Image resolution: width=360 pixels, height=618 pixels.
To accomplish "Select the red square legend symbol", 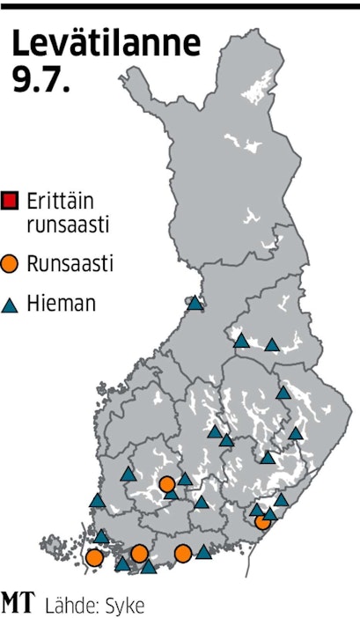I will pyautogui.click(x=11, y=198).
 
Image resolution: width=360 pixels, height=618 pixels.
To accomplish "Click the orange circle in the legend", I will pyautogui.click(x=11, y=263).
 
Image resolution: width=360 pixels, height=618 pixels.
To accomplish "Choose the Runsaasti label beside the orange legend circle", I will pyautogui.click(x=70, y=263).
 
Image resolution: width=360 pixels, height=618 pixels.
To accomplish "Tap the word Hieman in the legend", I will pyautogui.click(x=61, y=305).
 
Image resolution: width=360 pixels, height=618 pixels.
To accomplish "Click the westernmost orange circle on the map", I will pyautogui.click(x=94, y=556).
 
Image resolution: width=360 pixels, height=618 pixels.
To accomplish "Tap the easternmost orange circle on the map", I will pyautogui.click(x=262, y=521).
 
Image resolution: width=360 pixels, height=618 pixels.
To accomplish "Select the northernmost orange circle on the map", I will pyautogui.click(x=167, y=483).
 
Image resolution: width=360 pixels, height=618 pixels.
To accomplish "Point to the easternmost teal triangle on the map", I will pyautogui.click(x=296, y=433).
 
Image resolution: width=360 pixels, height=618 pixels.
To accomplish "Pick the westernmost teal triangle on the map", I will pyautogui.click(x=97, y=501).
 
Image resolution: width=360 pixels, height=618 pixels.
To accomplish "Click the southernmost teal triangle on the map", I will pyautogui.click(x=149, y=567).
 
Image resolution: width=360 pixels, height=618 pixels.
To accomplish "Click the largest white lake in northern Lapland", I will pyautogui.click(x=255, y=86).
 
